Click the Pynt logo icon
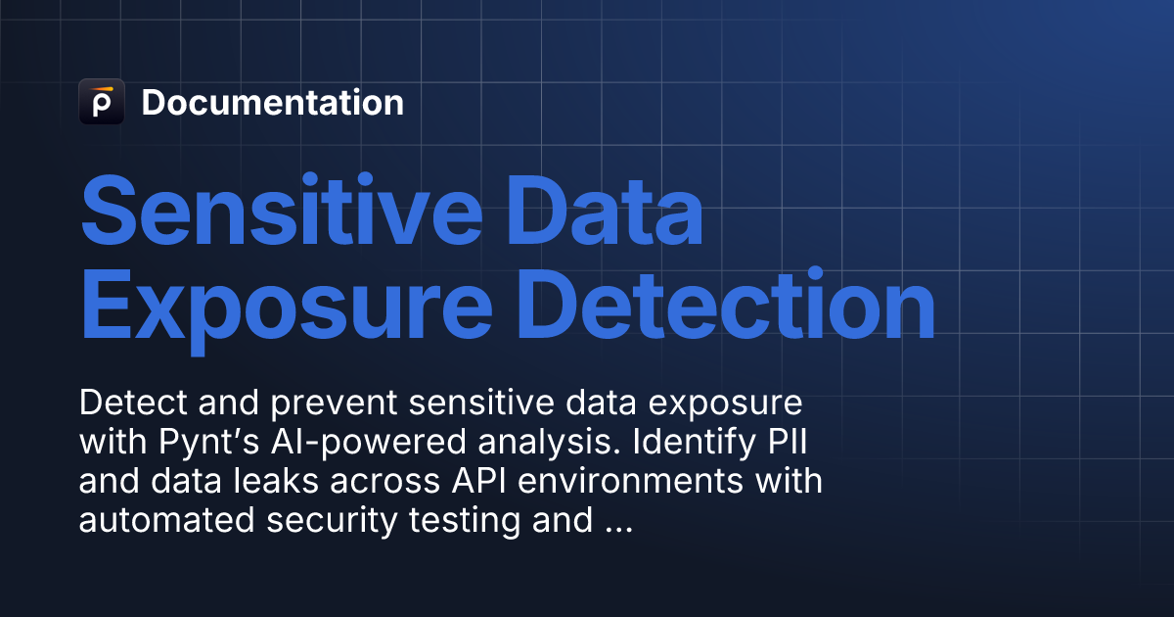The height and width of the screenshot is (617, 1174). pos(101,102)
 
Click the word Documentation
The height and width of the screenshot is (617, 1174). pos(272,103)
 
